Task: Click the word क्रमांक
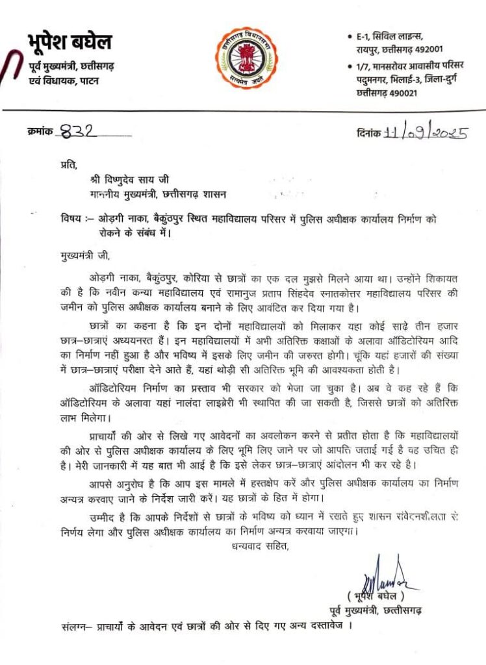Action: coord(40,132)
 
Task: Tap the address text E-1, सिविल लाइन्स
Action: coord(389,36)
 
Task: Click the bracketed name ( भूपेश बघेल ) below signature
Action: coord(376,596)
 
